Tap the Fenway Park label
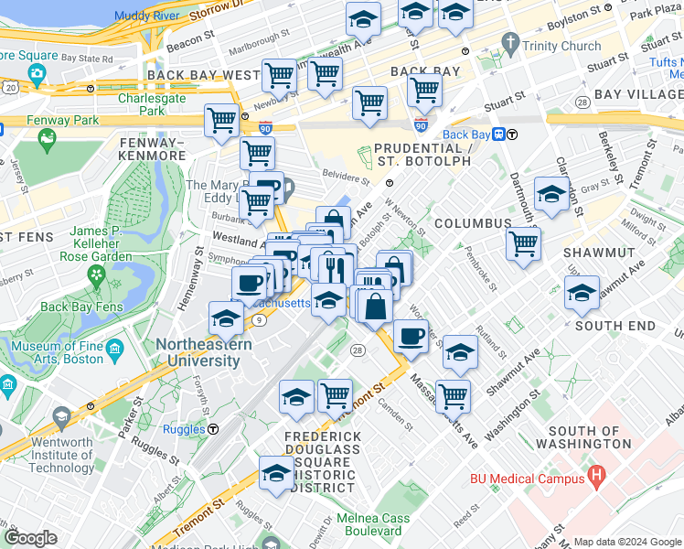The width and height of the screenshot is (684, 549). point(36,120)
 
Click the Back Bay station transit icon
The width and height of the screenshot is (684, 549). point(499,134)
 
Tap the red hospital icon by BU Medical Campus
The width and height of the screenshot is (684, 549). point(598,475)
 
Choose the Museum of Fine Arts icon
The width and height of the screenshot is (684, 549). point(115,350)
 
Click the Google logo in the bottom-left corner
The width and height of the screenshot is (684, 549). point(30,538)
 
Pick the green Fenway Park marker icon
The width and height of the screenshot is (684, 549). point(48,140)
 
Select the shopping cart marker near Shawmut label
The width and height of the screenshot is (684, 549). point(523,244)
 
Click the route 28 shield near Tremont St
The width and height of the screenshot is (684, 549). point(357,350)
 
